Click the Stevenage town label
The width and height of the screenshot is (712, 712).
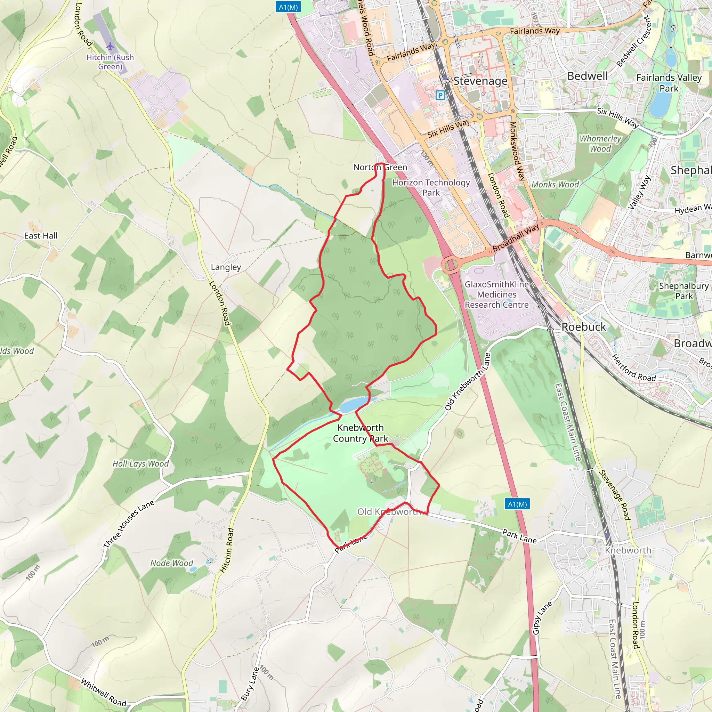480,81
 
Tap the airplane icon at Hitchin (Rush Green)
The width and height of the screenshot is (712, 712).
110,47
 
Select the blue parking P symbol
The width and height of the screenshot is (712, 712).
440,96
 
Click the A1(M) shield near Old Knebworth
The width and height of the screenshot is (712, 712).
517,504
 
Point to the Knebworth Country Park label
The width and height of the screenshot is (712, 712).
360,433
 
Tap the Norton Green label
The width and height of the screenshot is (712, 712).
380,167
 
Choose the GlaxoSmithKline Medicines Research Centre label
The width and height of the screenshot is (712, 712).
496,294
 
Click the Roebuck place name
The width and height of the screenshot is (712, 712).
583,326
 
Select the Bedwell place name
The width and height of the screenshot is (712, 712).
587,76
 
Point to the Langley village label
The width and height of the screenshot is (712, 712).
226,267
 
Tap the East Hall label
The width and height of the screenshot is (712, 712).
41,235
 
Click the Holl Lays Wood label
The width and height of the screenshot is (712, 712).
140,464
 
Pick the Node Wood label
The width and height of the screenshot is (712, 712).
171,563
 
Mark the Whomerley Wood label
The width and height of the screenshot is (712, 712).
600,143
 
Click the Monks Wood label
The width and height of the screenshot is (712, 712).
555,184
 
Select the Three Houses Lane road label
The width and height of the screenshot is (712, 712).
129,524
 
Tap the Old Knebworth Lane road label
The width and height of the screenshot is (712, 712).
468,381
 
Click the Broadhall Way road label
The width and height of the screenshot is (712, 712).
516,238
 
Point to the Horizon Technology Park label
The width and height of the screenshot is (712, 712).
431,187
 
